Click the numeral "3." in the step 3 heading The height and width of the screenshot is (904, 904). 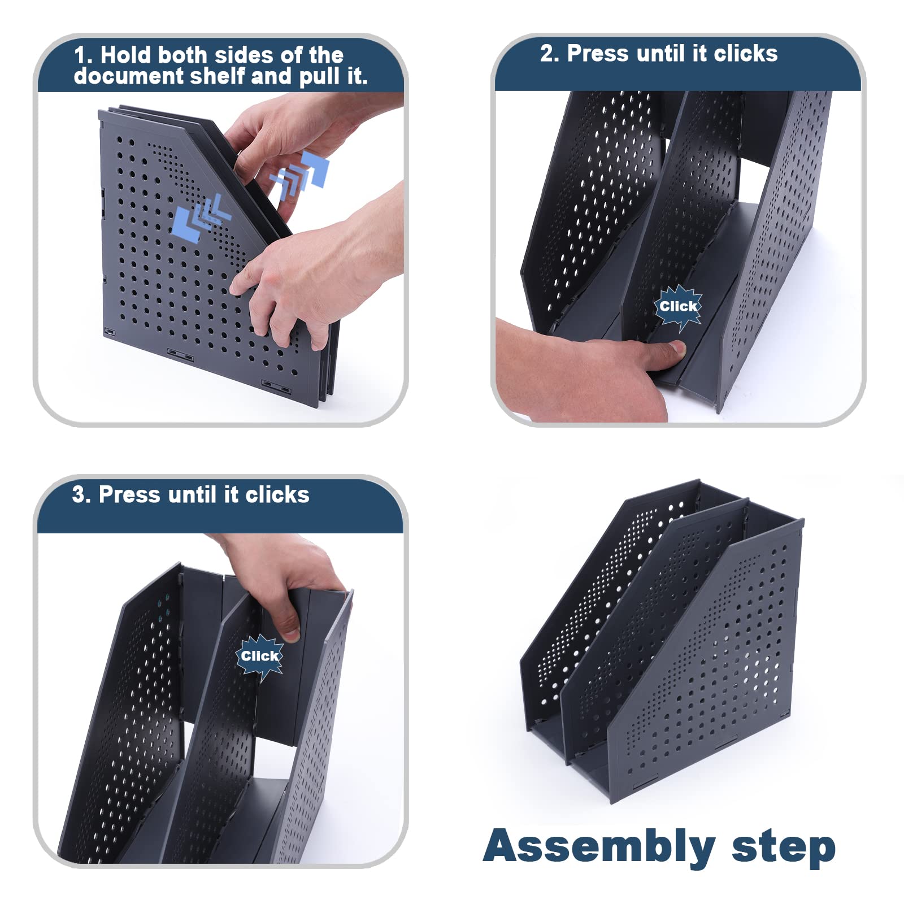click(x=81, y=494)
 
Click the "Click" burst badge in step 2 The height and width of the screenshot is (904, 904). click(x=679, y=307)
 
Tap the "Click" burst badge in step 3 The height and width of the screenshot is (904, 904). click(x=260, y=656)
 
